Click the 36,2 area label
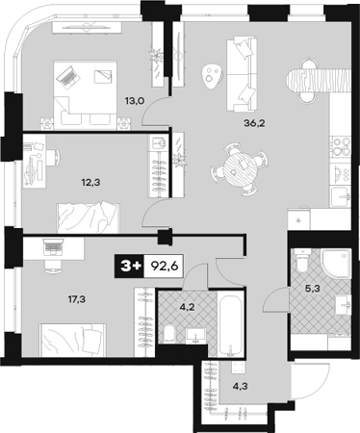click(254, 123)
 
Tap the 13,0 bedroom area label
click(135, 101)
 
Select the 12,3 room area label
click(91, 183)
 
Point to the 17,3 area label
click(76, 300)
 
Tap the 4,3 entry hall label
click(240, 385)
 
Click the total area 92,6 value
click(165, 266)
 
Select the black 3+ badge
click(130, 266)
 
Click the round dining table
click(241, 169)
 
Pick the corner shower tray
click(336, 265)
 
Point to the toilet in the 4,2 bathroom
click(169, 334)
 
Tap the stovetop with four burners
click(341, 145)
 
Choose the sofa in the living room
click(242, 74)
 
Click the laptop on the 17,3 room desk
click(53, 248)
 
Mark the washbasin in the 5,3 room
click(344, 305)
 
